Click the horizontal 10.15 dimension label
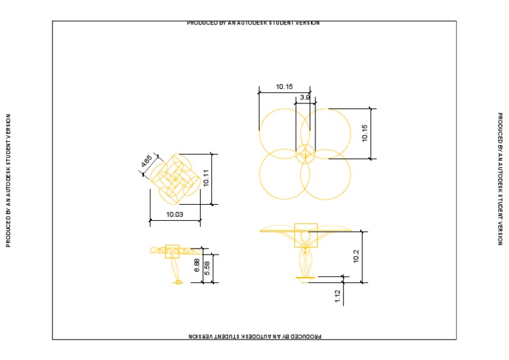pos(284,87)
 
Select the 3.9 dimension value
pos(305,97)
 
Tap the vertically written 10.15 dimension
pos(364,133)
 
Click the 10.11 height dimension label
pos(206,178)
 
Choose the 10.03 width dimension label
pos(175,215)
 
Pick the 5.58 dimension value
pos(207,268)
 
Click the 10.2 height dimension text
pos(357,257)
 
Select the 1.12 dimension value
pos(337,297)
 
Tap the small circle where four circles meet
pos(305,154)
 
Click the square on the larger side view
pos(306,235)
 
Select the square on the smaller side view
pos(172,251)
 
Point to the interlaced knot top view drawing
pos(175,178)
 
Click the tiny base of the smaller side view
pos(178,282)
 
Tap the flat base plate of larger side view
pos(306,277)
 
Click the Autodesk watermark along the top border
pos(254,23)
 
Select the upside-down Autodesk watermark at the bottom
pos(254,336)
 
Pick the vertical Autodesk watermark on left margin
pos(9,180)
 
